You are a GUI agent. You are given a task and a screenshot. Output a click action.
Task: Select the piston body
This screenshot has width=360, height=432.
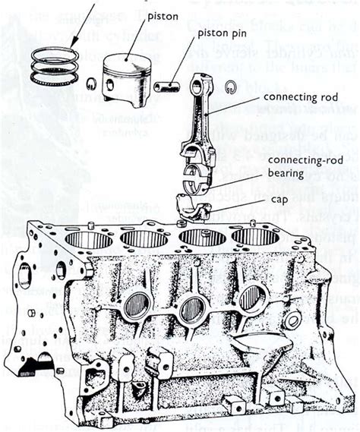[127, 80]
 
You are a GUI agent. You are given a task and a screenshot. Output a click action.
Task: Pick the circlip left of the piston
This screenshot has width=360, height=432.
[90, 84]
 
